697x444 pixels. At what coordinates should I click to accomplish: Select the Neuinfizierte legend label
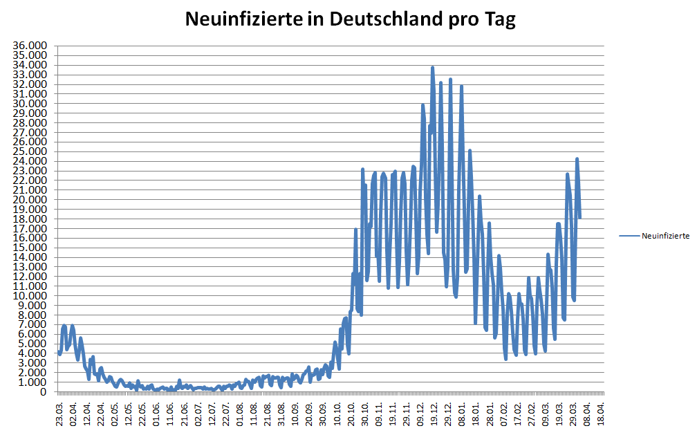point(665,236)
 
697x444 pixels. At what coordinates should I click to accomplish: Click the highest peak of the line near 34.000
point(433,68)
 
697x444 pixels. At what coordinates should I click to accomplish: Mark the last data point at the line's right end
point(579,217)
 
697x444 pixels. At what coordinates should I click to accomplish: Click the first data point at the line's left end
point(59,353)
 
